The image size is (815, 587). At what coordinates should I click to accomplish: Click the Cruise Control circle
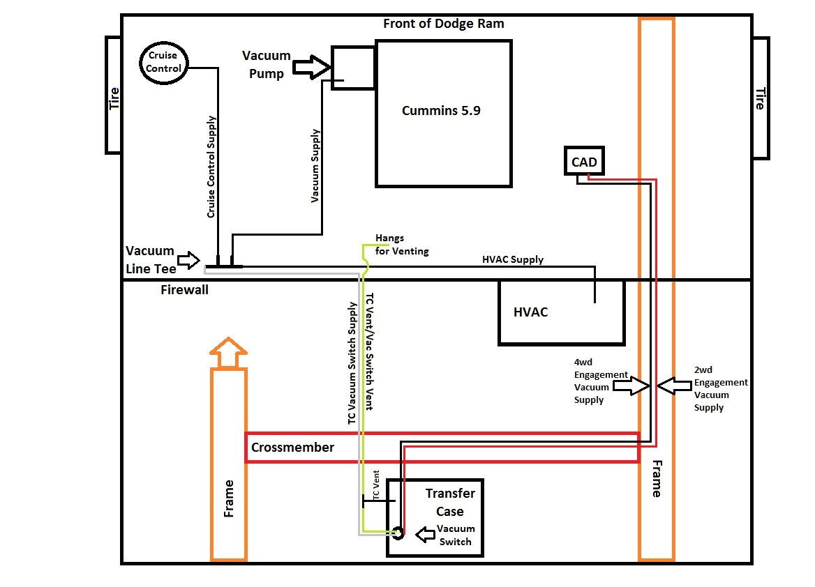pyautogui.click(x=164, y=61)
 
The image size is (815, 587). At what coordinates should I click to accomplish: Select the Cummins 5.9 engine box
pyautogui.click(x=443, y=113)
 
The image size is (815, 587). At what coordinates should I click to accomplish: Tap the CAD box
pyautogui.click(x=584, y=162)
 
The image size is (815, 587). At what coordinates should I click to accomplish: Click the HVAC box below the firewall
pyautogui.click(x=561, y=312)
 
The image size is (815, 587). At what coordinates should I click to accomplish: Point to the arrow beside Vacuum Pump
pyautogui.click(x=311, y=68)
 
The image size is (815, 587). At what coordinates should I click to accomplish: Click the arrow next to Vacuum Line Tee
pyautogui.click(x=189, y=261)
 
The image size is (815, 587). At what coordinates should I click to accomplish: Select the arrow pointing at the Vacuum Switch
pyautogui.click(x=428, y=535)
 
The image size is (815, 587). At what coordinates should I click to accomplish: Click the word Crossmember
pyautogui.click(x=292, y=448)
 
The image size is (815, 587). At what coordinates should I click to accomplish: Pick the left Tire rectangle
pyautogui.click(x=114, y=96)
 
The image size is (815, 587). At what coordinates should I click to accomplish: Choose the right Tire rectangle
pyautogui.click(x=759, y=99)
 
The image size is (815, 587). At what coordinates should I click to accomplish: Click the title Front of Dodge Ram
pyautogui.click(x=443, y=24)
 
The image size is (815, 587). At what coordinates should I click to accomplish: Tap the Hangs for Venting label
pyautogui.click(x=402, y=245)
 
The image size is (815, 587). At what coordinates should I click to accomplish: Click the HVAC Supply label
pyautogui.click(x=512, y=259)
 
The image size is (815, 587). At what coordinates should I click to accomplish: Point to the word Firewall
pyautogui.click(x=184, y=290)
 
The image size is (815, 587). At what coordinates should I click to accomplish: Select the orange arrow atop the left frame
pyautogui.click(x=228, y=353)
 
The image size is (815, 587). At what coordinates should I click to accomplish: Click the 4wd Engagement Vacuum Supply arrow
pyautogui.click(x=630, y=386)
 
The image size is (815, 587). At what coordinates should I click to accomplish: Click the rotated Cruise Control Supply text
pyautogui.click(x=211, y=167)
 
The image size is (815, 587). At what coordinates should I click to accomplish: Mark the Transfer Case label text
pyautogui.click(x=450, y=502)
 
